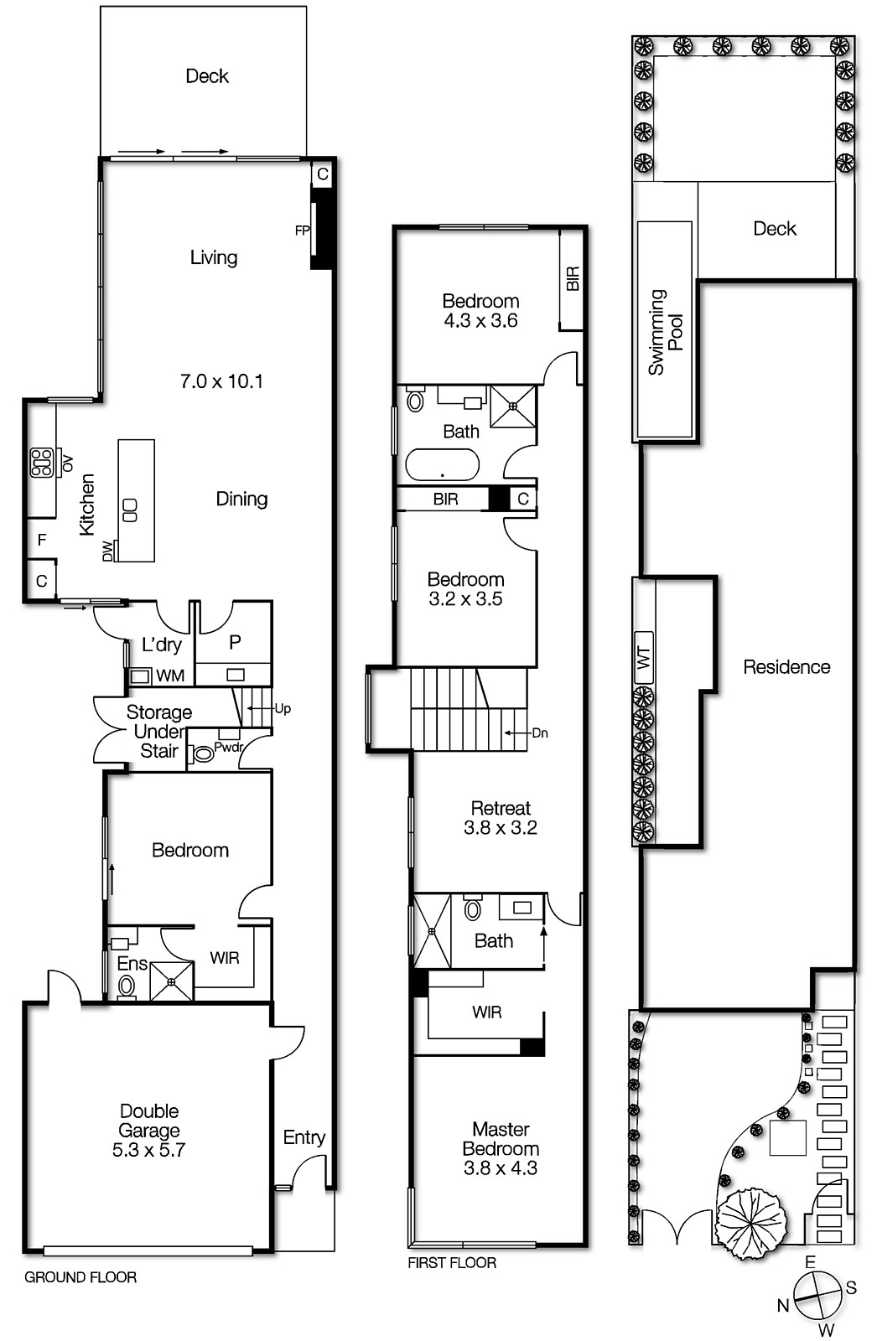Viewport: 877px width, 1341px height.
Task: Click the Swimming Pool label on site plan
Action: tap(666, 332)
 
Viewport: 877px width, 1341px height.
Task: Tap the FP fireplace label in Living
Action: tap(302, 230)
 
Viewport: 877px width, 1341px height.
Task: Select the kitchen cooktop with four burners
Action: tap(41, 463)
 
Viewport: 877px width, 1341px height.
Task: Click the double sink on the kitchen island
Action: tap(130, 510)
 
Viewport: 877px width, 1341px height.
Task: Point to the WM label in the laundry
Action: tap(170, 676)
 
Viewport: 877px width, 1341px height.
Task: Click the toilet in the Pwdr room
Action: tap(203, 754)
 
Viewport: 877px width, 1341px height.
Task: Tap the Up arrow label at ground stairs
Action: tap(283, 709)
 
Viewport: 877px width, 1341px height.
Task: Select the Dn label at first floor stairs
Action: tap(540, 733)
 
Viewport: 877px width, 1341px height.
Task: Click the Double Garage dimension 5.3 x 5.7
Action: tap(149, 1150)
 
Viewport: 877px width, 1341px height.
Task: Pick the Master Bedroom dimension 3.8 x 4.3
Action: tap(501, 1168)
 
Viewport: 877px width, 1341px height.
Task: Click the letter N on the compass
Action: tap(782, 1305)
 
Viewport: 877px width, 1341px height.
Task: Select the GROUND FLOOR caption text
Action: tap(80, 1277)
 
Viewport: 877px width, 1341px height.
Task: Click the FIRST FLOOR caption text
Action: tap(452, 1263)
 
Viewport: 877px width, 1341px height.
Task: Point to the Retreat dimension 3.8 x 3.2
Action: tap(501, 828)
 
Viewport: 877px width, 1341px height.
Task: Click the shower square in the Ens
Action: tap(172, 981)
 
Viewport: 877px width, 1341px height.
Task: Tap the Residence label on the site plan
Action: tap(786, 667)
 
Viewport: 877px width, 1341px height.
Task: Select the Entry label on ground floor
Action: tap(304, 1137)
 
